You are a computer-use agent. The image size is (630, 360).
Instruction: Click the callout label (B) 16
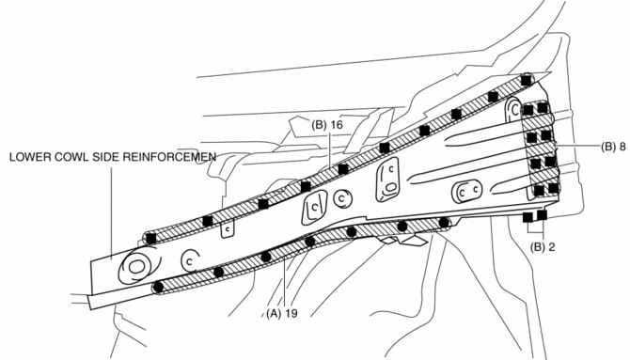click(x=327, y=125)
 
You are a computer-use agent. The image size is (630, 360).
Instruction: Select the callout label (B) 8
click(x=613, y=147)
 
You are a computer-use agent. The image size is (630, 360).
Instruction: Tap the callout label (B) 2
click(x=543, y=247)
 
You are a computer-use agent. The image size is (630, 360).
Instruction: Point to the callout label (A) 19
click(x=282, y=313)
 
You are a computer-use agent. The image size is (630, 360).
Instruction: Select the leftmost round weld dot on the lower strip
click(x=159, y=288)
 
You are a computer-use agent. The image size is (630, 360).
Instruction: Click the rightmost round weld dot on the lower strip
click(x=444, y=222)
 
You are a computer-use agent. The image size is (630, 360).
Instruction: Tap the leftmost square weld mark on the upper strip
click(x=151, y=238)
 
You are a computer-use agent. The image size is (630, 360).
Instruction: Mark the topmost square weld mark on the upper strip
click(x=526, y=81)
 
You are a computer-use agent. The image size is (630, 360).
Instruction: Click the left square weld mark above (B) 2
click(x=528, y=217)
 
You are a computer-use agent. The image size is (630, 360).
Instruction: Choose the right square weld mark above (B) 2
click(x=542, y=215)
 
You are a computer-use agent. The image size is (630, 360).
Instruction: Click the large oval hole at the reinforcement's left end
click(x=136, y=266)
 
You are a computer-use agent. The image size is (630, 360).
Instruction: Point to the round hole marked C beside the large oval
click(x=190, y=260)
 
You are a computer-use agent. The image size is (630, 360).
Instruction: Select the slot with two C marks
click(x=467, y=191)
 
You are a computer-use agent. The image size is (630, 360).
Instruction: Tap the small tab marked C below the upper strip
click(x=228, y=229)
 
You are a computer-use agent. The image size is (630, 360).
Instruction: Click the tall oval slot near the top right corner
click(x=513, y=109)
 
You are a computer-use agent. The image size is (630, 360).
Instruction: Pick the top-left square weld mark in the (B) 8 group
click(x=528, y=110)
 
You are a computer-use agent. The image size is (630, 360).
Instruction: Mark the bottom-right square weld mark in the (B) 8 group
click(x=554, y=188)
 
